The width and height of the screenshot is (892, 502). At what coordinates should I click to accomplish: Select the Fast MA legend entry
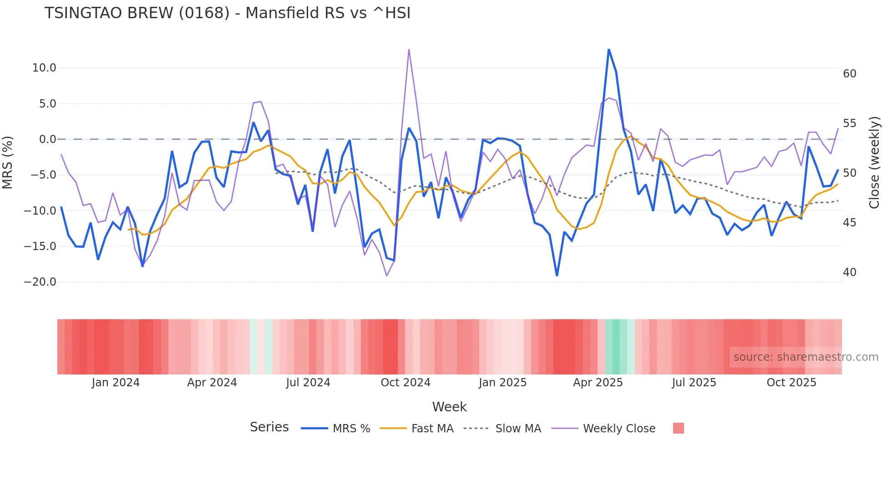coord(432,429)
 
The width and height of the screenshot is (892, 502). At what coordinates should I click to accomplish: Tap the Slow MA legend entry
coord(517,429)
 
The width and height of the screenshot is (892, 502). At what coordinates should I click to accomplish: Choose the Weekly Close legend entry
coord(618,429)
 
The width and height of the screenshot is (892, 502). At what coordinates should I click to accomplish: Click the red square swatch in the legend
coord(678,428)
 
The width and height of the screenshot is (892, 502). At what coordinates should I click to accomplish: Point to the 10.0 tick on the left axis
coord(44,68)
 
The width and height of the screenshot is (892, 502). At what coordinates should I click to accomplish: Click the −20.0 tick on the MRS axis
coord(40,282)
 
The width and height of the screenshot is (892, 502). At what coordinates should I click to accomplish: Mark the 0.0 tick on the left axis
coord(47,139)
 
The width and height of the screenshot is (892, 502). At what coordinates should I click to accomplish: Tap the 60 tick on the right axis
coord(849,74)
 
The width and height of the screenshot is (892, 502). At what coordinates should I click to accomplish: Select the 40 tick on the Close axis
coord(849,272)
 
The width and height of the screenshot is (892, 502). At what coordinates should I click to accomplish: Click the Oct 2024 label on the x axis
coord(405,383)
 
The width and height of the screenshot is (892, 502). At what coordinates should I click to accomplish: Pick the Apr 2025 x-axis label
coord(598,383)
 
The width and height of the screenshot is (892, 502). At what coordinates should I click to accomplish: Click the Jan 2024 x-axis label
coord(116,383)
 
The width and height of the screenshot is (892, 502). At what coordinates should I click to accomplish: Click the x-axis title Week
coord(449,407)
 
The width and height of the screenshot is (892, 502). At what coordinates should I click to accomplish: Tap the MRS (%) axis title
coord(8,163)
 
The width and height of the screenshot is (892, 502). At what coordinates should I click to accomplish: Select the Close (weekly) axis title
coord(874,163)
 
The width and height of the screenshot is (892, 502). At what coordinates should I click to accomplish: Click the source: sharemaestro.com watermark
coord(806,357)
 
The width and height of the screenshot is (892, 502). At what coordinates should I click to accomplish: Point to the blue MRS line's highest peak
coord(608,50)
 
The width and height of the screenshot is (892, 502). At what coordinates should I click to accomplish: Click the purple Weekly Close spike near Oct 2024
coord(409,50)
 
